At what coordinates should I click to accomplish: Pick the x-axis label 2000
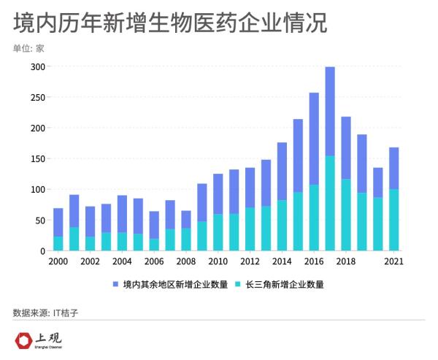click(58, 261)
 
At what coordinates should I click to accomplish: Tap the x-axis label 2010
click(218, 261)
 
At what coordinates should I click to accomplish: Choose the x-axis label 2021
click(393, 261)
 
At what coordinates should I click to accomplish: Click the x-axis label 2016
click(314, 261)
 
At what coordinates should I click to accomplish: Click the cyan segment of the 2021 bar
click(393, 220)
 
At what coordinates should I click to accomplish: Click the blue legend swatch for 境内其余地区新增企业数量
click(115, 284)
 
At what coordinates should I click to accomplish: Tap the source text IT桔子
click(66, 313)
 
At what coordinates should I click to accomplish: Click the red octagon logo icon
click(26, 340)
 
